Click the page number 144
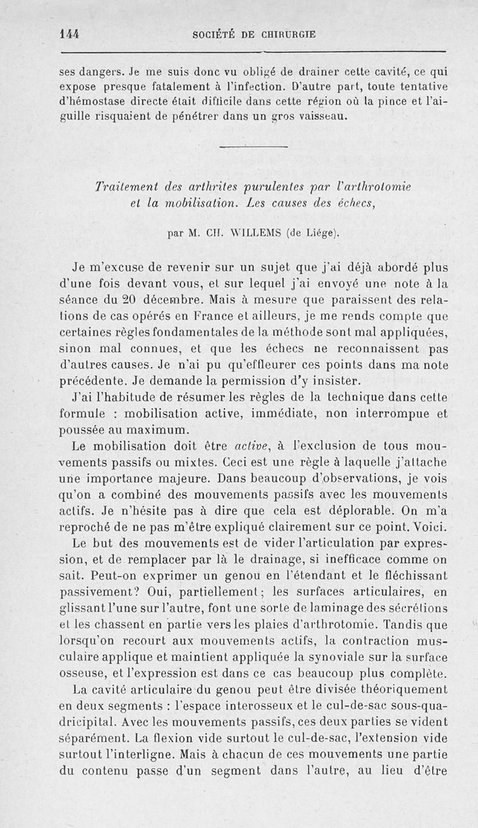pos(71,33)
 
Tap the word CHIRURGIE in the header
pos(289,34)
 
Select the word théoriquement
pos(407,690)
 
